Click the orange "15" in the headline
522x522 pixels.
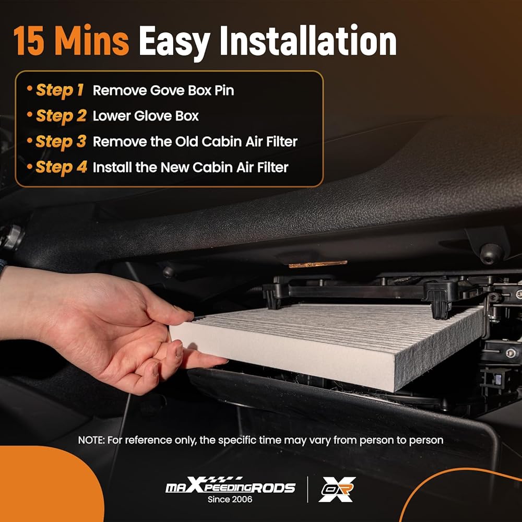click(x=29, y=40)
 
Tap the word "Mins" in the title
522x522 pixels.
click(x=91, y=40)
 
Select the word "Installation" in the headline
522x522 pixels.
click(x=308, y=40)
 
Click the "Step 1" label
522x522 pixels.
click(x=60, y=90)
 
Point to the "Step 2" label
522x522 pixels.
click(x=61, y=116)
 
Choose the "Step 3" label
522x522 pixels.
click(x=61, y=141)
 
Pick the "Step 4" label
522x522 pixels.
click(x=61, y=167)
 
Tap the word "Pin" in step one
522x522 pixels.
click(x=224, y=90)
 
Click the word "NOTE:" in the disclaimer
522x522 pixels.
click(x=91, y=440)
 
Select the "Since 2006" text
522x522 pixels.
click(x=230, y=500)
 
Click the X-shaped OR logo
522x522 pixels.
click(x=337, y=489)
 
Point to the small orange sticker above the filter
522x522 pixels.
click(x=318, y=264)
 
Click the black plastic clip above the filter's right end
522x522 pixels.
click(x=441, y=298)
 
